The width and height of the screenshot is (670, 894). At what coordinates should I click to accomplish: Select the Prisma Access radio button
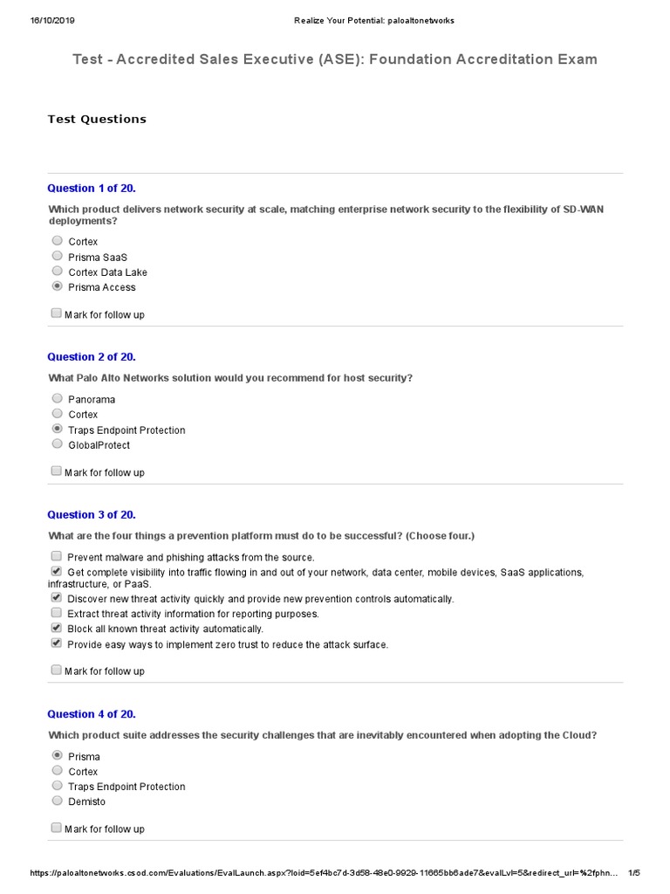tap(57, 286)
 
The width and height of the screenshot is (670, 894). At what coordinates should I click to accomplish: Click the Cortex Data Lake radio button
tap(57, 272)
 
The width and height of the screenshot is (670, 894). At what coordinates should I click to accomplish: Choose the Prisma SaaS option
tap(57, 257)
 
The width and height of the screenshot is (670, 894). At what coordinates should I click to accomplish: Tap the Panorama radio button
tap(57, 399)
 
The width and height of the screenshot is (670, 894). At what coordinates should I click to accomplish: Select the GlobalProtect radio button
tap(57, 444)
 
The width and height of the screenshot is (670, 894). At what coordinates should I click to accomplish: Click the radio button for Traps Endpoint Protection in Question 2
tap(57, 430)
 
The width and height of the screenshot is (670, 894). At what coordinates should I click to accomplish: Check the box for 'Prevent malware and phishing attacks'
tap(57, 556)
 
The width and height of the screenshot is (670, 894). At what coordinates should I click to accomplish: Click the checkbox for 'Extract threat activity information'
tap(57, 613)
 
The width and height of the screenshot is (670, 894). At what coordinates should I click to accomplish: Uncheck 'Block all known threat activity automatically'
tap(57, 628)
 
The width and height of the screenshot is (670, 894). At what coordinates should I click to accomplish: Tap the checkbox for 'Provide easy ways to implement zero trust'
tap(57, 643)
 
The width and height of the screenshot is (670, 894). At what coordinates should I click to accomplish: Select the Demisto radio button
tap(57, 801)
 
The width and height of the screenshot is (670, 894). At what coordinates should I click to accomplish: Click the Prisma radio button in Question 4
tap(57, 756)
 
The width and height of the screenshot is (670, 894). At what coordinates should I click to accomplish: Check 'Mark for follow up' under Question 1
tap(57, 313)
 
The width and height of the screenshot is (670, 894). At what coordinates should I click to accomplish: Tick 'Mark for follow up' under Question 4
tap(57, 828)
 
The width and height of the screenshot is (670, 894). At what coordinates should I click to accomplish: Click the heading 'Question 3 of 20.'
tap(92, 515)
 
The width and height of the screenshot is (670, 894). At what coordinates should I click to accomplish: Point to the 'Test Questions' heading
tap(97, 119)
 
